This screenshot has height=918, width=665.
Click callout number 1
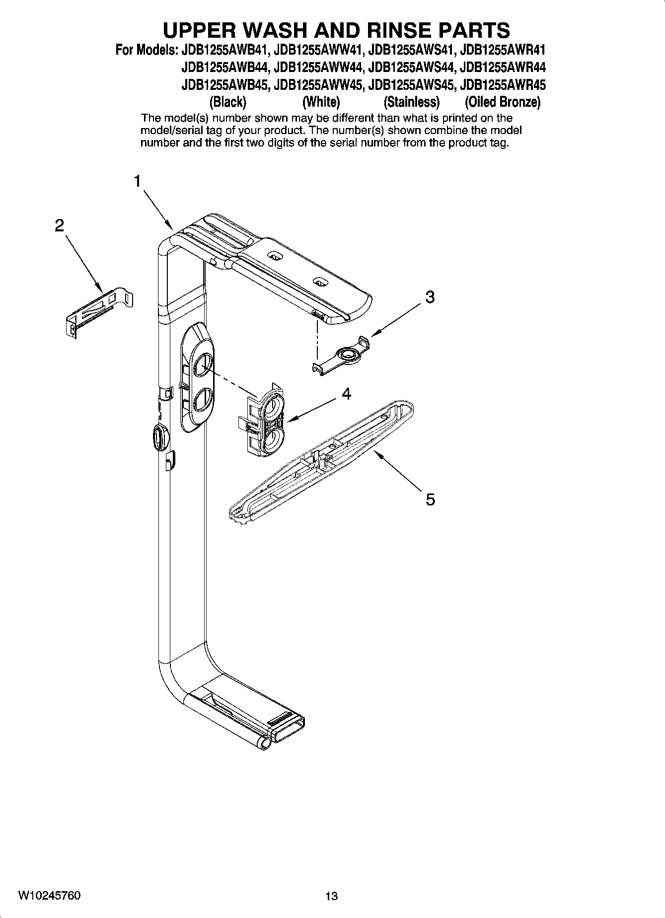(x=137, y=182)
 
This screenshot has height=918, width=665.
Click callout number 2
(x=59, y=226)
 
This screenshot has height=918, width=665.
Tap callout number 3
(x=430, y=297)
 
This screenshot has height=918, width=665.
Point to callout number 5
(x=430, y=498)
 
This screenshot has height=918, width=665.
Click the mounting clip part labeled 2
(x=99, y=311)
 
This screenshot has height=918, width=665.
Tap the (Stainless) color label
(x=411, y=102)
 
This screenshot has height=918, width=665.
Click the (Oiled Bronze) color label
(x=502, y=102)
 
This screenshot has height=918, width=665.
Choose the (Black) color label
(x=228, y=102)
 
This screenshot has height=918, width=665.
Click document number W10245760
(x=50, y=895)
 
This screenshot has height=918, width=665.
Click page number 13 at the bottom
(x=331, y=896)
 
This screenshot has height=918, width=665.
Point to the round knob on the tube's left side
(x=159, y=437)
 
